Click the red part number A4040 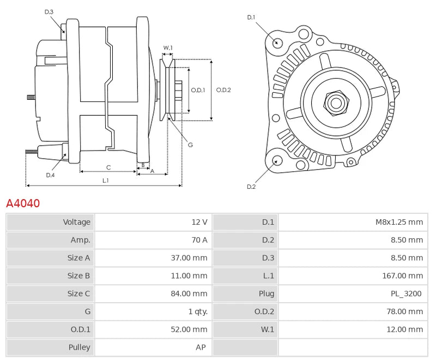pyautogui.click(x=23, y=203)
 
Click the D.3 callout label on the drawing pyautogui.click(x=49, y=12)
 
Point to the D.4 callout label pyautogui.click(x=50, y=175)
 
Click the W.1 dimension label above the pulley pyautogui.click(x=168, y=48)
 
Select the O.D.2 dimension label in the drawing pyautogui.click(x=223, y=90)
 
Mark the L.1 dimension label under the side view pyautogui.click(x=105, y=180)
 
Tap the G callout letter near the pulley pyautogui.click(x=190, y=145)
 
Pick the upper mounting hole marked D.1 pyautogui.click(x=277, y=43)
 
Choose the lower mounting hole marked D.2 pyautogui.click(x=277, y=160)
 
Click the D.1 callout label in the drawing pyautogui.click(x=251, y=17)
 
